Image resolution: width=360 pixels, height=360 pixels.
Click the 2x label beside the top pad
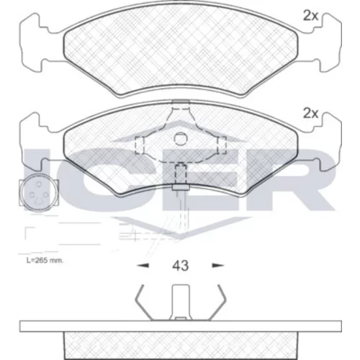point(310,16)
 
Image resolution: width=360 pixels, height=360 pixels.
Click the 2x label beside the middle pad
point(310,113)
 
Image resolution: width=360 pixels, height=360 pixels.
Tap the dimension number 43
point(180,266)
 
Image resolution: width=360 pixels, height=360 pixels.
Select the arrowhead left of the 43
point(143,266)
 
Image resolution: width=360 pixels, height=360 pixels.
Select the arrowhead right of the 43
point(217,266)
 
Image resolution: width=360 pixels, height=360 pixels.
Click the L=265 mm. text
point(45,261)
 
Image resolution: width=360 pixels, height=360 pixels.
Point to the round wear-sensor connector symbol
point(39,193)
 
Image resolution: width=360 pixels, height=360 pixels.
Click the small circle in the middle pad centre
point(180,139)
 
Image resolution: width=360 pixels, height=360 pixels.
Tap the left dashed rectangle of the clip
point(139,145)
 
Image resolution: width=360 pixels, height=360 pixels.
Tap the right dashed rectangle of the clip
point(222,145)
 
